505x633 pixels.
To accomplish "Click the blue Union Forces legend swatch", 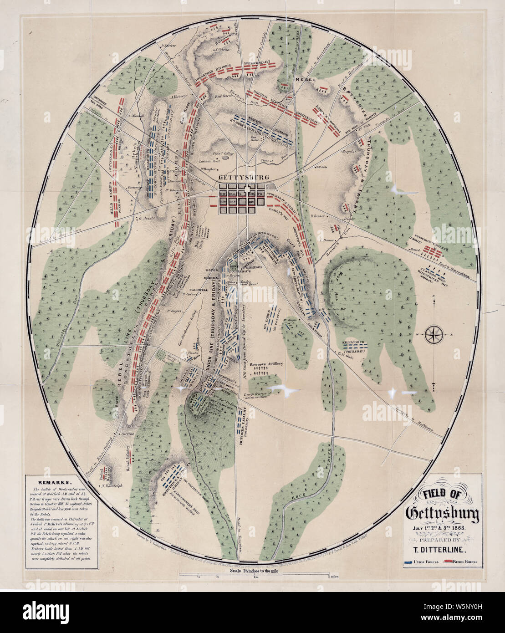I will [x=412, y=562].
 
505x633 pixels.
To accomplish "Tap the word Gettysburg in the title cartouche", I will [x=442, y=514].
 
